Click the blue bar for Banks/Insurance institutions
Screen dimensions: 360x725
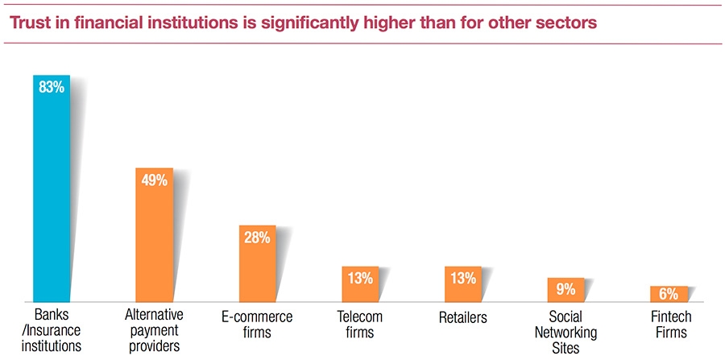tap(51, 193)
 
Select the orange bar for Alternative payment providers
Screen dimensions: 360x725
tap(153, 242)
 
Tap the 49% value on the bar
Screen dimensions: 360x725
tap(153, 180)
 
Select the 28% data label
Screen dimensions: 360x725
tap(257, 238)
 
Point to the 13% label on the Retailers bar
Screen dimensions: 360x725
tap(462, 279)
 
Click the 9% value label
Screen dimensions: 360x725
tap(565, 288)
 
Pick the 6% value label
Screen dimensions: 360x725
tap(669, 295)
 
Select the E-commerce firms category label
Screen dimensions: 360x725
tap(257, 325)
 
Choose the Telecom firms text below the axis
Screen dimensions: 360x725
tap(359, 325)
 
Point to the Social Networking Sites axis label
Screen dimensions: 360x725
tap(567, 332)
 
